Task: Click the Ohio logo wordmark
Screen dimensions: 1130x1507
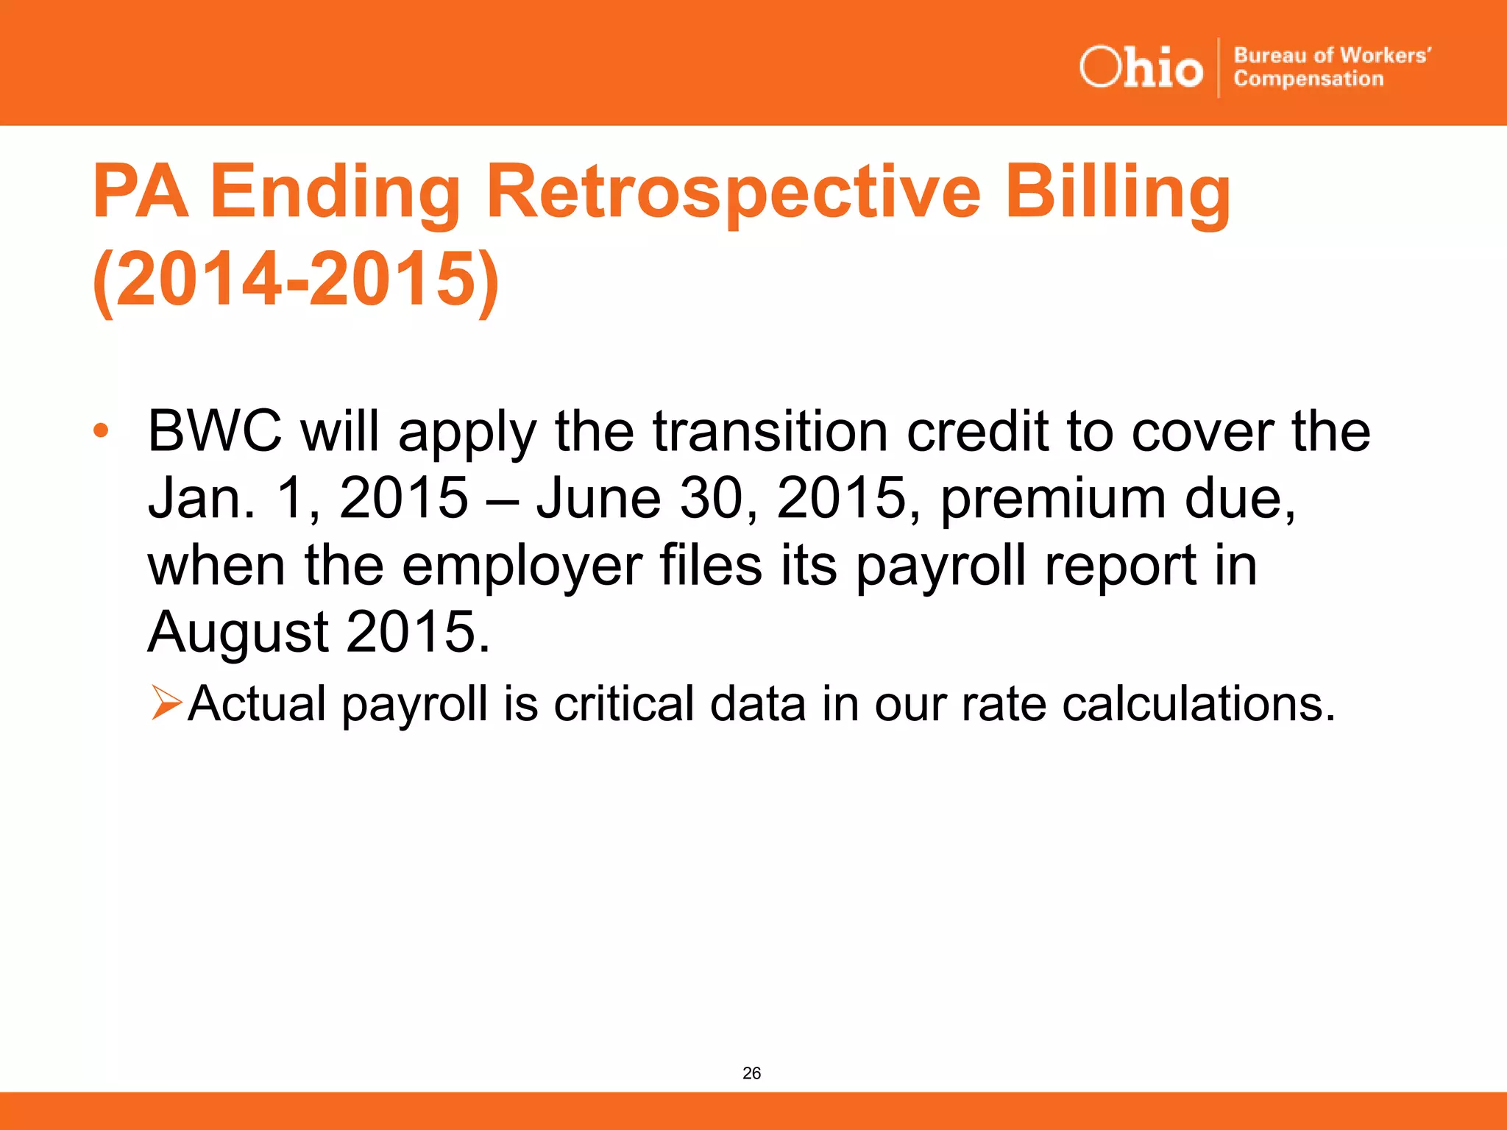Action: (1141, 68)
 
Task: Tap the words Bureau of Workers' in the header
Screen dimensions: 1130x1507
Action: (1332, 55)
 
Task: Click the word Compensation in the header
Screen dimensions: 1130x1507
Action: (1308, 79)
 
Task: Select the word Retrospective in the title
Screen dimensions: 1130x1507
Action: (733, 193)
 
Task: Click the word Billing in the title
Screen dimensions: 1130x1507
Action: (1117, 193)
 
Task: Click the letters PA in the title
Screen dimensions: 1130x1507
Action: (140, 193)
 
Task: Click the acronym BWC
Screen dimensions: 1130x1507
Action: (214, 431)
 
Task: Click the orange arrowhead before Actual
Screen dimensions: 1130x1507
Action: (166, 702)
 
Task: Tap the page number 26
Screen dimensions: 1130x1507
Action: (751, 1073)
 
